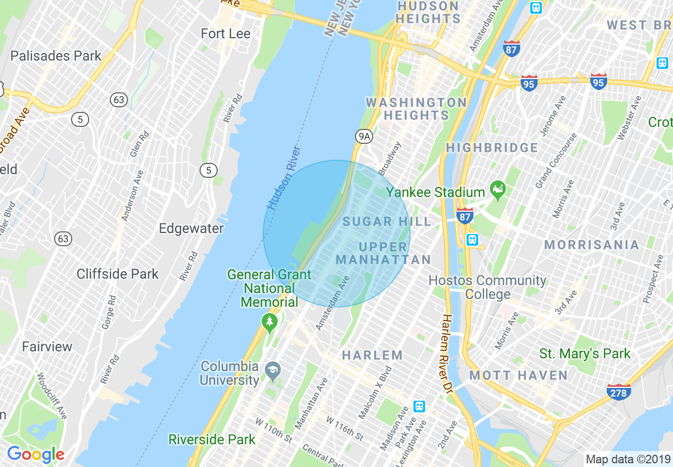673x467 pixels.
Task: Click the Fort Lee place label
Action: coord(226,34)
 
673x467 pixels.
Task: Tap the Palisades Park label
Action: coord(56,56)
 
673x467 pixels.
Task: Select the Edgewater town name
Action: coord(191,229)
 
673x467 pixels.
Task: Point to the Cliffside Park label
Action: coord(117,274)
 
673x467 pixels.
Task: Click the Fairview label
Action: coord(47,347)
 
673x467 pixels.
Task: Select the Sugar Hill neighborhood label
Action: coord(387,221)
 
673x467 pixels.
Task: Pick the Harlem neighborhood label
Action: coord(372,355)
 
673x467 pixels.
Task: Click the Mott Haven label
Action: coord(519,376)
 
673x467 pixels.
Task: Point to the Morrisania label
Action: coord(592,245)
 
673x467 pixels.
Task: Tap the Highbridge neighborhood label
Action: coord(492,148)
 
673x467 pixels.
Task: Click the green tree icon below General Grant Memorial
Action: coord(270,322)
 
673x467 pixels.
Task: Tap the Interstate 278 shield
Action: coord(618,392)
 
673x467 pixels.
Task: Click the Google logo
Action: coord(36,454)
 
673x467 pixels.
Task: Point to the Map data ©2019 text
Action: coord(627,459)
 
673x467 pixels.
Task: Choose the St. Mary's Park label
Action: coord(585,353)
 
